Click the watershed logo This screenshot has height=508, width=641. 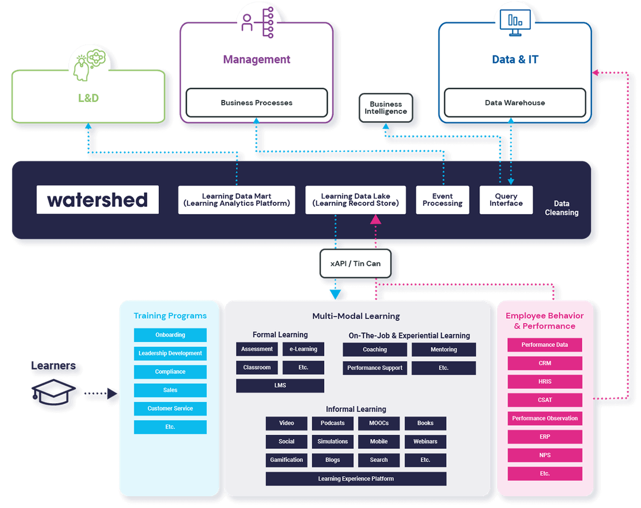pos(98,200)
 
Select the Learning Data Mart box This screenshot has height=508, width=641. pos(237,200)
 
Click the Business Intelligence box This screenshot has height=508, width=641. pos(385,108)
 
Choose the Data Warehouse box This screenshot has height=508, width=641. pos(515,103)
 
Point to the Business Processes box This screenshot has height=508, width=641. pos(256,103)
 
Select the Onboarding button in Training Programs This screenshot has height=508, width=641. pos(170,335)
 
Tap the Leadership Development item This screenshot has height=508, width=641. pos(170,353)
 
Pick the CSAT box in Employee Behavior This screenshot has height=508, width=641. pos(545,400)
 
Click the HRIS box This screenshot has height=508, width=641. pos(545,381)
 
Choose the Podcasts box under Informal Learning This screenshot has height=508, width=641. pos(332,423)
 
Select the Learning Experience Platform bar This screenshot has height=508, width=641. pos(356,479)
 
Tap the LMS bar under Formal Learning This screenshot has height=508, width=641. pos(280,386)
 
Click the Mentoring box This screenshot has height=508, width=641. pos(443,349)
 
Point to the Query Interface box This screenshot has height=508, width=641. pos(506,200)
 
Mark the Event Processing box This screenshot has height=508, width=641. pos(442,200)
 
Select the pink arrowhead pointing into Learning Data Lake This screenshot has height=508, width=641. pos(376,218)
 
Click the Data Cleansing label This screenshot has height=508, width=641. pos(561,208)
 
